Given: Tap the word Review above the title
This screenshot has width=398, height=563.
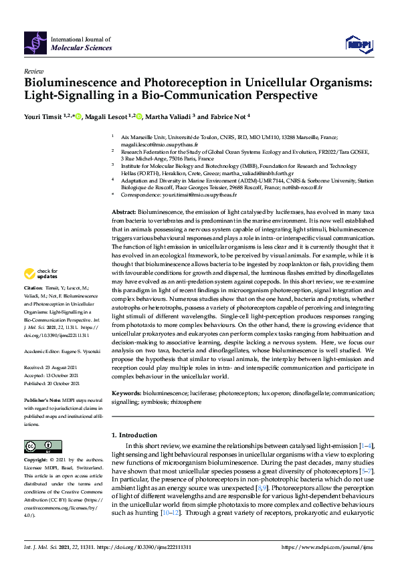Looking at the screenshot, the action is coord(33,70).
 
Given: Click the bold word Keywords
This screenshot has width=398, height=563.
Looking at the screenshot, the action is coord(126,395).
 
